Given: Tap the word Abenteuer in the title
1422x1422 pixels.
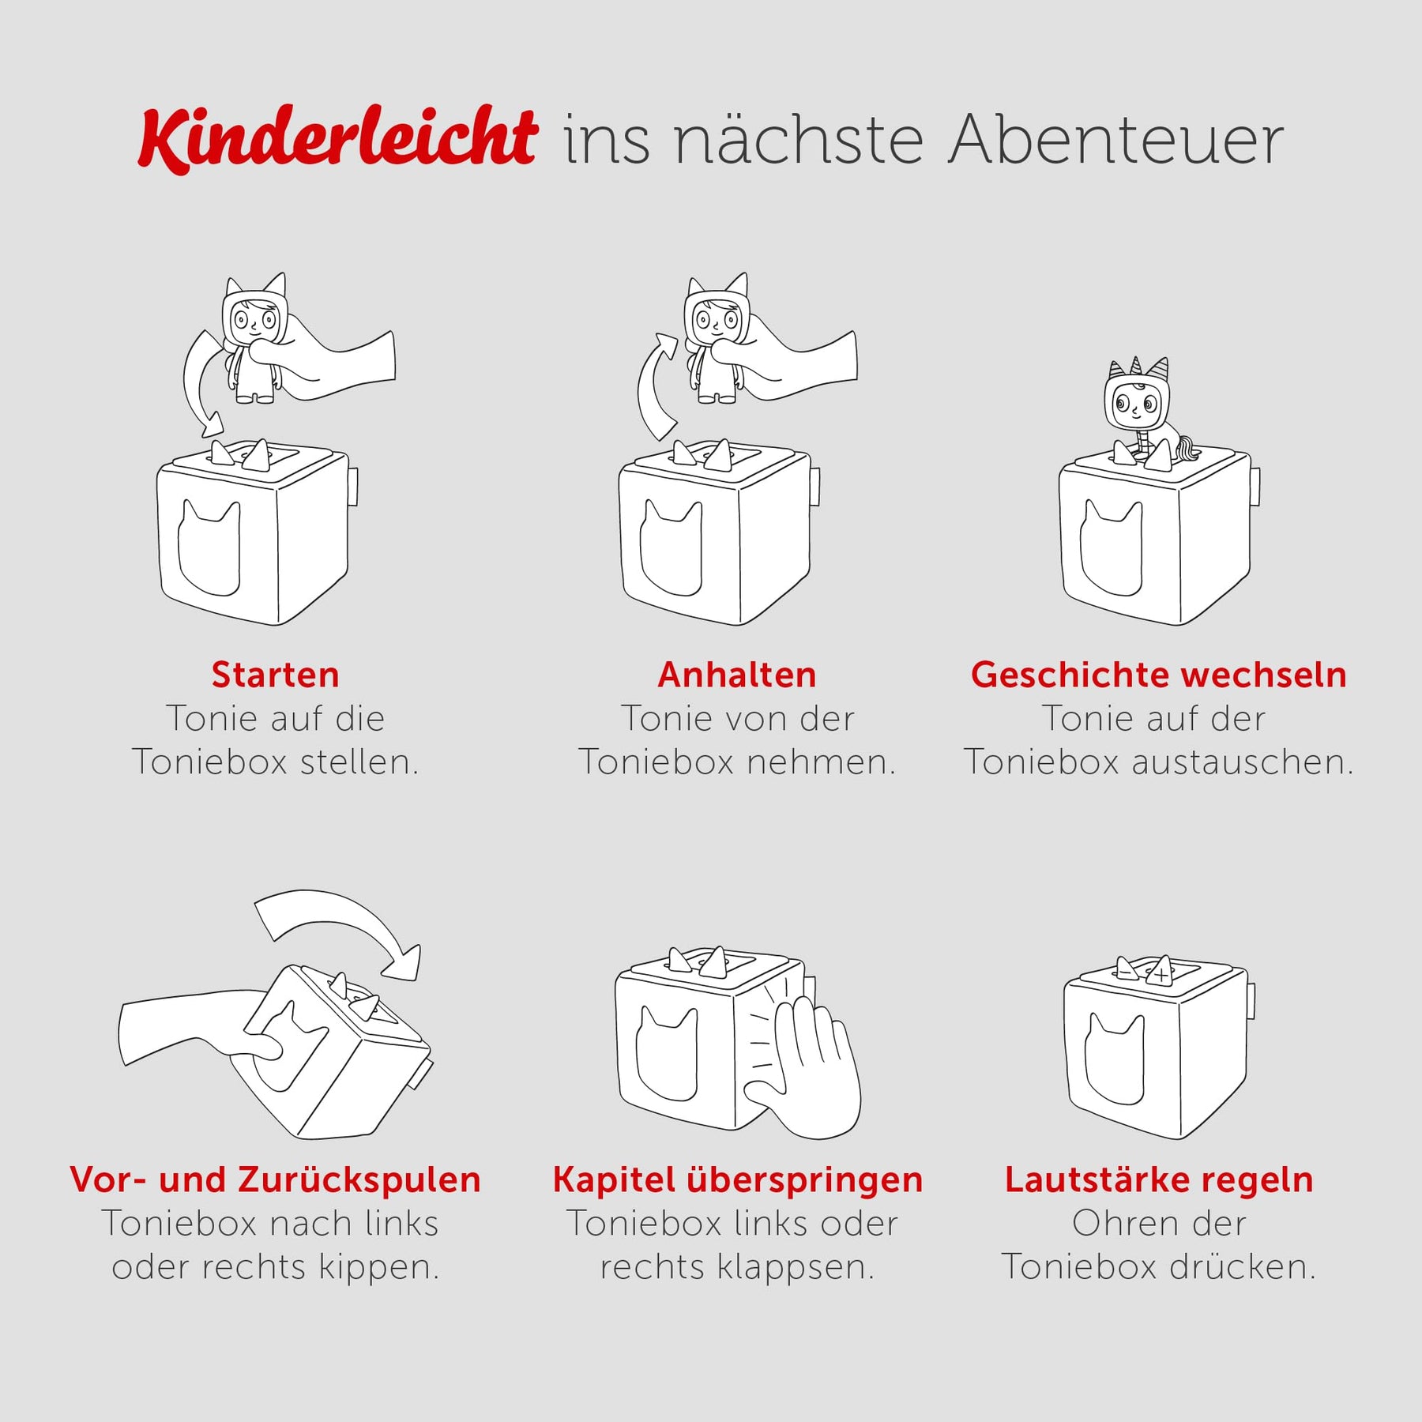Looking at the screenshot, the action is click(x=1116, y=140).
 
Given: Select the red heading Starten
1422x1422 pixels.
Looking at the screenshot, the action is click(x=275, y=675).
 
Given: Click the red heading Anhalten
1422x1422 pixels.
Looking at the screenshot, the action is click(x=737, y=675).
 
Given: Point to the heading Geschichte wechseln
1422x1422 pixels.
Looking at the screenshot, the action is click(x=1159, y=675).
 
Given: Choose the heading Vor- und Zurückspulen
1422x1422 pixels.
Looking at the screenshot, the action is click(x=275, y=1180).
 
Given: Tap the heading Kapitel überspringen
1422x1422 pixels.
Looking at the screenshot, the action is click(x=738, y=1180).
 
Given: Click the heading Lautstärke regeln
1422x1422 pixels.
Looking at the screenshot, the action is click(x=1159, y=1180).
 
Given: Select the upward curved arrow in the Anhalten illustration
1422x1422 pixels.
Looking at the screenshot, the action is click(x=649, y=387).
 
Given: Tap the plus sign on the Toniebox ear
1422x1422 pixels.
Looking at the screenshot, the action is click(x=1161, y=975).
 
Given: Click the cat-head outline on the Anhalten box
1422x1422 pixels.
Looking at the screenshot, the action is click(x=671, y=547).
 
